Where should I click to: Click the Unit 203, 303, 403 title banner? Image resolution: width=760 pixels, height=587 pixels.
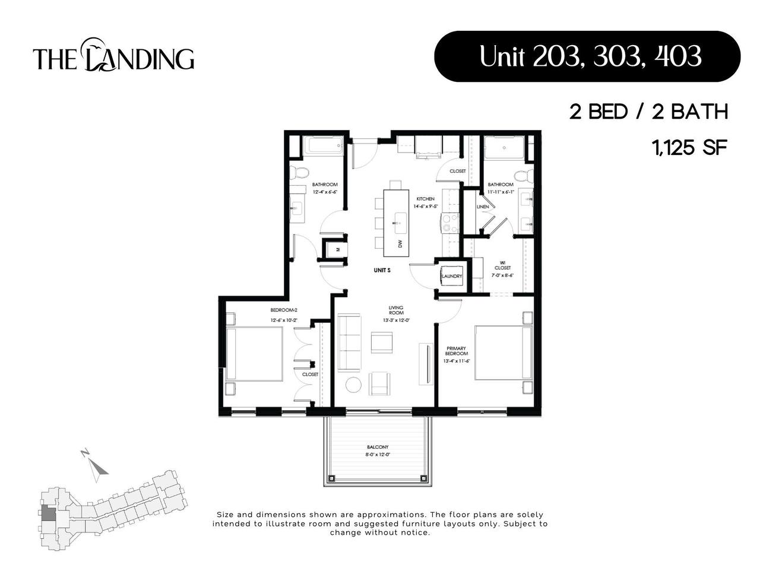point(587,56)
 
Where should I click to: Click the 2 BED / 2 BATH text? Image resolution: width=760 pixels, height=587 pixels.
point(648,112)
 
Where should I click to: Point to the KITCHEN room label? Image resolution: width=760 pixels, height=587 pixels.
point(425,199)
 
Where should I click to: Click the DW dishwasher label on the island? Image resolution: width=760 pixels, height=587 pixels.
point(400,244)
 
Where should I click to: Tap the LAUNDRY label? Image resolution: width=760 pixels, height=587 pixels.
point(451,276)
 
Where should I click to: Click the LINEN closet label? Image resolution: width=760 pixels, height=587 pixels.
point(483,207)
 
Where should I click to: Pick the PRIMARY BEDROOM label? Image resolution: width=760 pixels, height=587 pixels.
point(457,351)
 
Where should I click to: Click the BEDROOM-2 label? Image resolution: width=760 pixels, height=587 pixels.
point(283,310)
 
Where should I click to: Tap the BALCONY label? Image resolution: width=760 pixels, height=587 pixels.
point(377,447)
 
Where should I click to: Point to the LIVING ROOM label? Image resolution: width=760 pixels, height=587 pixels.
point(396,310)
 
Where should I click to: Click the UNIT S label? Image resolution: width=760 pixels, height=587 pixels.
point(382,271)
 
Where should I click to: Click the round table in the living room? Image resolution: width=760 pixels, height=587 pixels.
point(353,385)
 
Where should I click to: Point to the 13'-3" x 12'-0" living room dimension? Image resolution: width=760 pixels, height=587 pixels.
point(396,321)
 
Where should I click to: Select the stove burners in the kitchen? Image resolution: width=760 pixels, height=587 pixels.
point(449,223)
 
